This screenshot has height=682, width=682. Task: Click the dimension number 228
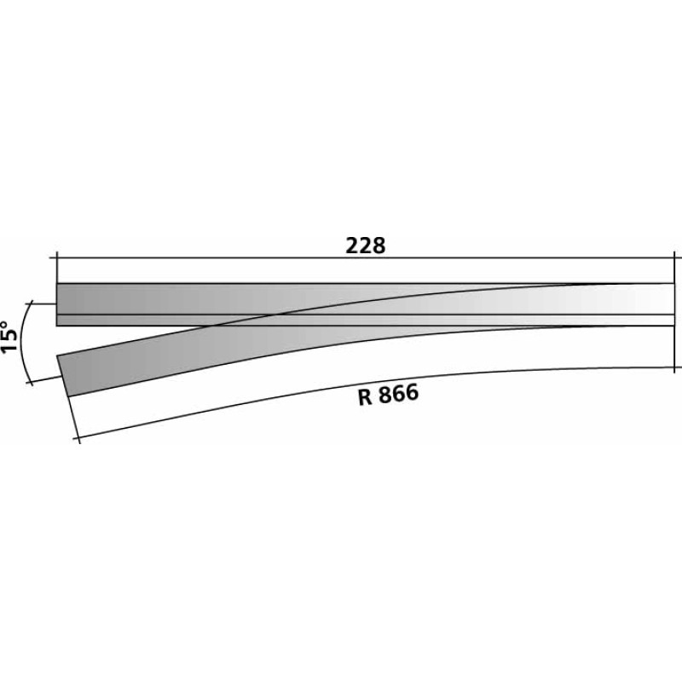[x=366, y=246]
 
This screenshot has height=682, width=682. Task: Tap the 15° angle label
[x=10, y=337]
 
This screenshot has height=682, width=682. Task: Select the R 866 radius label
[x=389, y=395]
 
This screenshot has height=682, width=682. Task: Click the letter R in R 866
[x=366, y=397]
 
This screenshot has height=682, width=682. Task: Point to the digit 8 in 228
[x=379, y=246]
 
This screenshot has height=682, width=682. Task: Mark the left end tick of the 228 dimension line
[x=57, y=258]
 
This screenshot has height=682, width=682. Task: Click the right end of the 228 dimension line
[x=674, y=258]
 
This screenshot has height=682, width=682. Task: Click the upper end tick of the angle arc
[x=32, y=303]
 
